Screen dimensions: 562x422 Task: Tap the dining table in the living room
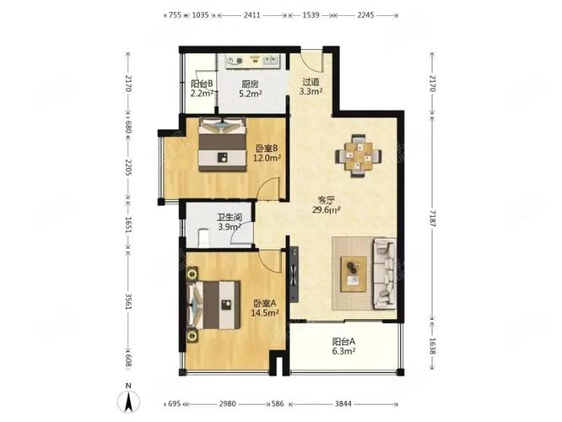359,156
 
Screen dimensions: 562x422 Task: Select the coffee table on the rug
354,274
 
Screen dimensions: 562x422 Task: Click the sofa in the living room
385,273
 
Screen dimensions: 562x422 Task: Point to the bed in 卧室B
223,144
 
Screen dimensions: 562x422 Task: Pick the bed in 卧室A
214,306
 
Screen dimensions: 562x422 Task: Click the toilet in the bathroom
203,237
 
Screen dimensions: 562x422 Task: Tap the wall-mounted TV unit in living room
294,274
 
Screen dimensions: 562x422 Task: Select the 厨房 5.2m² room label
250,89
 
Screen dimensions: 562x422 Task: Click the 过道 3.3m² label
311,87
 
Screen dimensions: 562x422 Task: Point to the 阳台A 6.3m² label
343,346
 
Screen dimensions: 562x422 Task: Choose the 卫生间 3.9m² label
230,222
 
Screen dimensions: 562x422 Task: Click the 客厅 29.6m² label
327,205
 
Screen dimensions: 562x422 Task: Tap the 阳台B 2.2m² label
202,89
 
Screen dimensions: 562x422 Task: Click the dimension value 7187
432,219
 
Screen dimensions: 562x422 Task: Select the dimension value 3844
343,404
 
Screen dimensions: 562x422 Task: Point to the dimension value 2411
252,15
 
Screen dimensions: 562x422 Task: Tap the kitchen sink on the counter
272,60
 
